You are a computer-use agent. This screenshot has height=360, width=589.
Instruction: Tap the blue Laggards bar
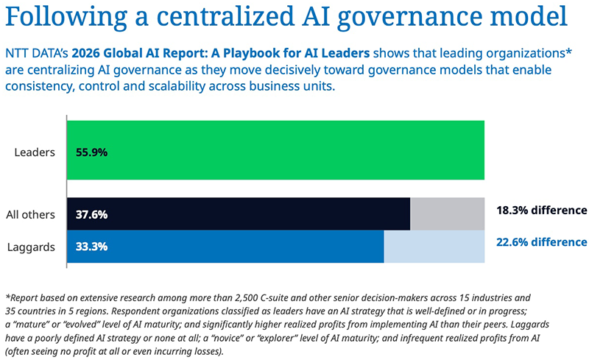coord(225,247)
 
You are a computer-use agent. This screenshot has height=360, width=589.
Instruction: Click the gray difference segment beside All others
coord(447,214)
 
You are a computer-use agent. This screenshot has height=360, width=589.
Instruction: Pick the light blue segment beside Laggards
coord(434,247)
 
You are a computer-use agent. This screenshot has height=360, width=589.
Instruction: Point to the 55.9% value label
coord(91,153)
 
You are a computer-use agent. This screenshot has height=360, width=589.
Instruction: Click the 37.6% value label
coord(91,215)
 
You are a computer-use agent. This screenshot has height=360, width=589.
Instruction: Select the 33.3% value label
coord(91,247)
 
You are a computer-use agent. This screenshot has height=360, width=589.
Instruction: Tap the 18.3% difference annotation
coord(541,210)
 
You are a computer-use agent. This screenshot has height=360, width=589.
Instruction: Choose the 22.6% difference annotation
coord(541,241)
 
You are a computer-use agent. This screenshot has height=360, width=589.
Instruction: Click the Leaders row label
coord(35,153)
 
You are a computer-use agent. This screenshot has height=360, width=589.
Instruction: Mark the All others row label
coord(30,215)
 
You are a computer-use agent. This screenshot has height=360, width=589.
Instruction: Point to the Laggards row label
coord(32,247)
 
